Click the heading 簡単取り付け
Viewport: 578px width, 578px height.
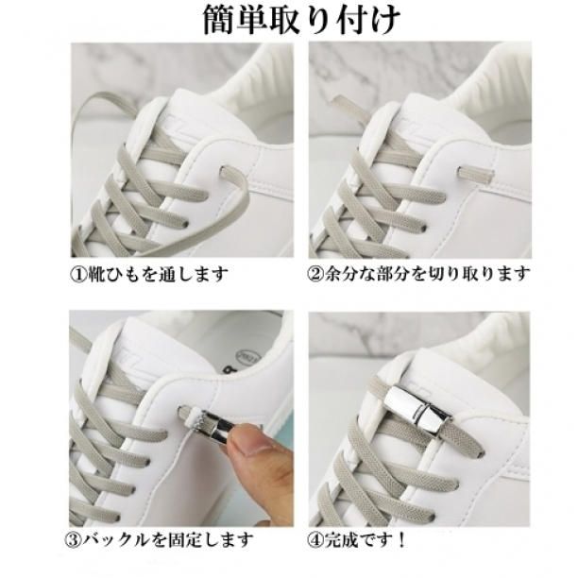(x=301, y=20)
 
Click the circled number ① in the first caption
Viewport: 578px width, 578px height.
(x=78, y=274)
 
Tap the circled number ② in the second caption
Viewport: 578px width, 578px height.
(x=316, y=274)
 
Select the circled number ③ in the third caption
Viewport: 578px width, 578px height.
(x=73, y=540)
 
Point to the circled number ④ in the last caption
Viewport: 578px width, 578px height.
(x=316, y=540)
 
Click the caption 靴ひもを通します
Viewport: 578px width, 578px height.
(x=158, y=274)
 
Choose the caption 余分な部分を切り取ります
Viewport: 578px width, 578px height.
(x=428, y=274)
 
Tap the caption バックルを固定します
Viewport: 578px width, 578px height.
(x=167, y=540)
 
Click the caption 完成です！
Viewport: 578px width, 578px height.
(x=365, y=540)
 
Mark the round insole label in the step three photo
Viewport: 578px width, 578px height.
(x=247, y=358)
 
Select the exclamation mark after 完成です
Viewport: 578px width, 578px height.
(x=400, y=540)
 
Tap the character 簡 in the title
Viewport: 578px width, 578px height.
(x=219, y=20)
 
